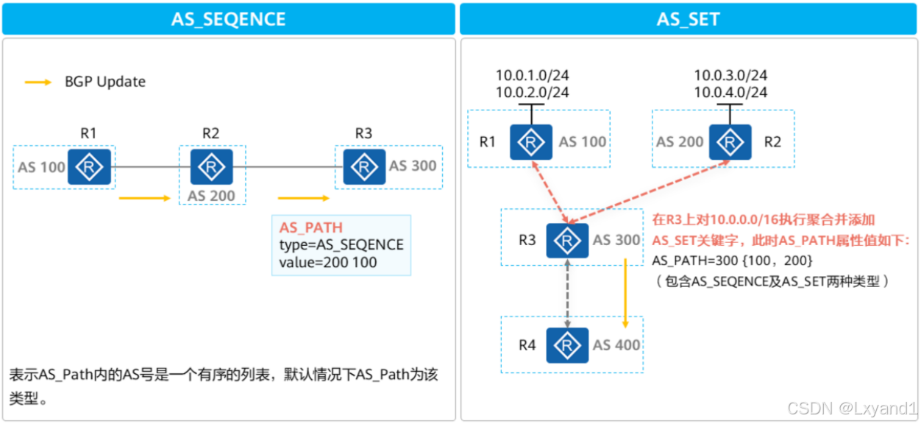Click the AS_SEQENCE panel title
(228, 19)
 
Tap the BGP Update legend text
(105, 82)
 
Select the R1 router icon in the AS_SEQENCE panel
(89, 166)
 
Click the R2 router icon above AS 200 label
(212, 166)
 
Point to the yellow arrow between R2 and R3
(303, 198)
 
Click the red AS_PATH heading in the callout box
(311, 227)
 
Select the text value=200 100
(328, 262)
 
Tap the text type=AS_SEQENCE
(341, 244)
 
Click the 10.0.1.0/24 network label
(532, 75)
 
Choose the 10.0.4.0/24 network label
(730, 93)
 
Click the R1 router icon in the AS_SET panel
(532, 142)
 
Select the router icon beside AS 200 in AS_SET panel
(730, 142)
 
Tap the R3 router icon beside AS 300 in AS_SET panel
(567, 240)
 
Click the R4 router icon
(567, 344)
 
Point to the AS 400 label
(616, 344)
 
